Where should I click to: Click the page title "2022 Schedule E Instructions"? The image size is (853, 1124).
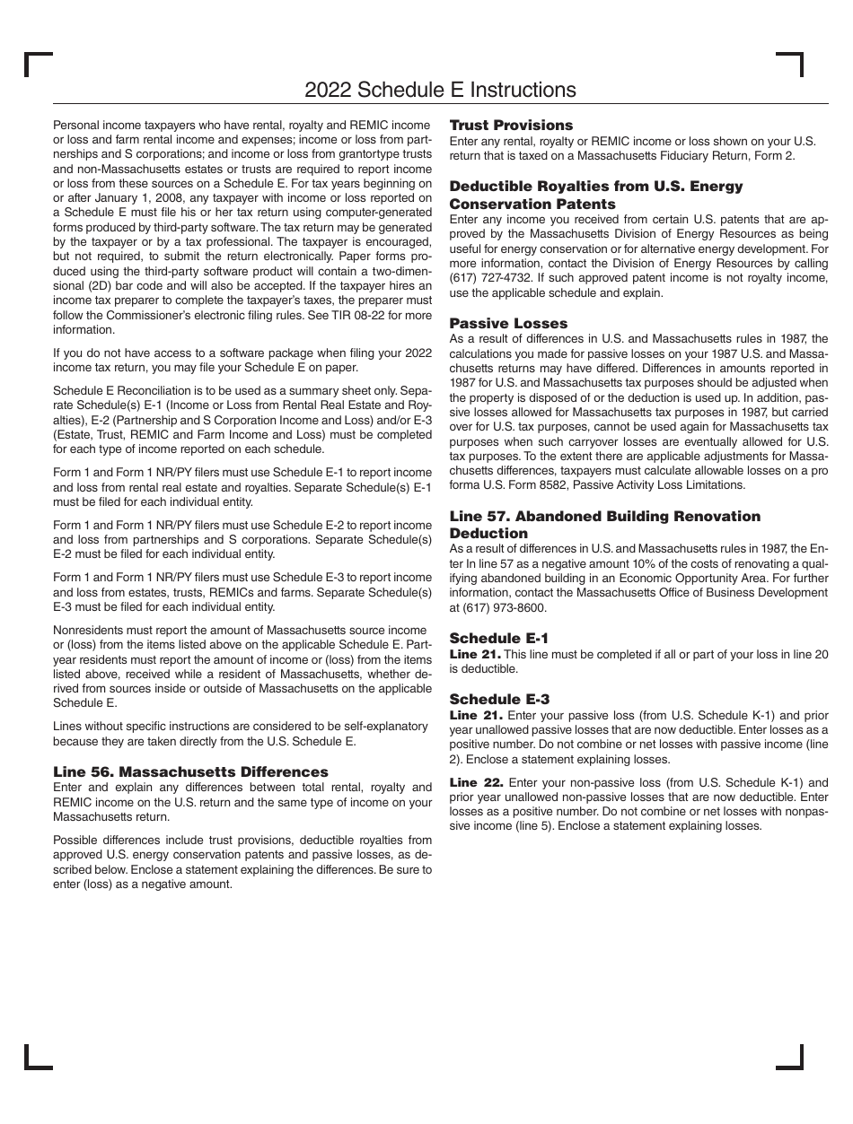[440, 90]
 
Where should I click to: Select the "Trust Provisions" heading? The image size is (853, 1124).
[511, 126]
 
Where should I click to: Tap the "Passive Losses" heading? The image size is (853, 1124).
[508, 323]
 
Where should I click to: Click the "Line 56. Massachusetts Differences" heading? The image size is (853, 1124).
[190, 771]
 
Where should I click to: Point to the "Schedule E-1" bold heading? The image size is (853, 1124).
[498, 639]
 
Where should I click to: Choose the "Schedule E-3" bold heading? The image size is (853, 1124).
[499, 699]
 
